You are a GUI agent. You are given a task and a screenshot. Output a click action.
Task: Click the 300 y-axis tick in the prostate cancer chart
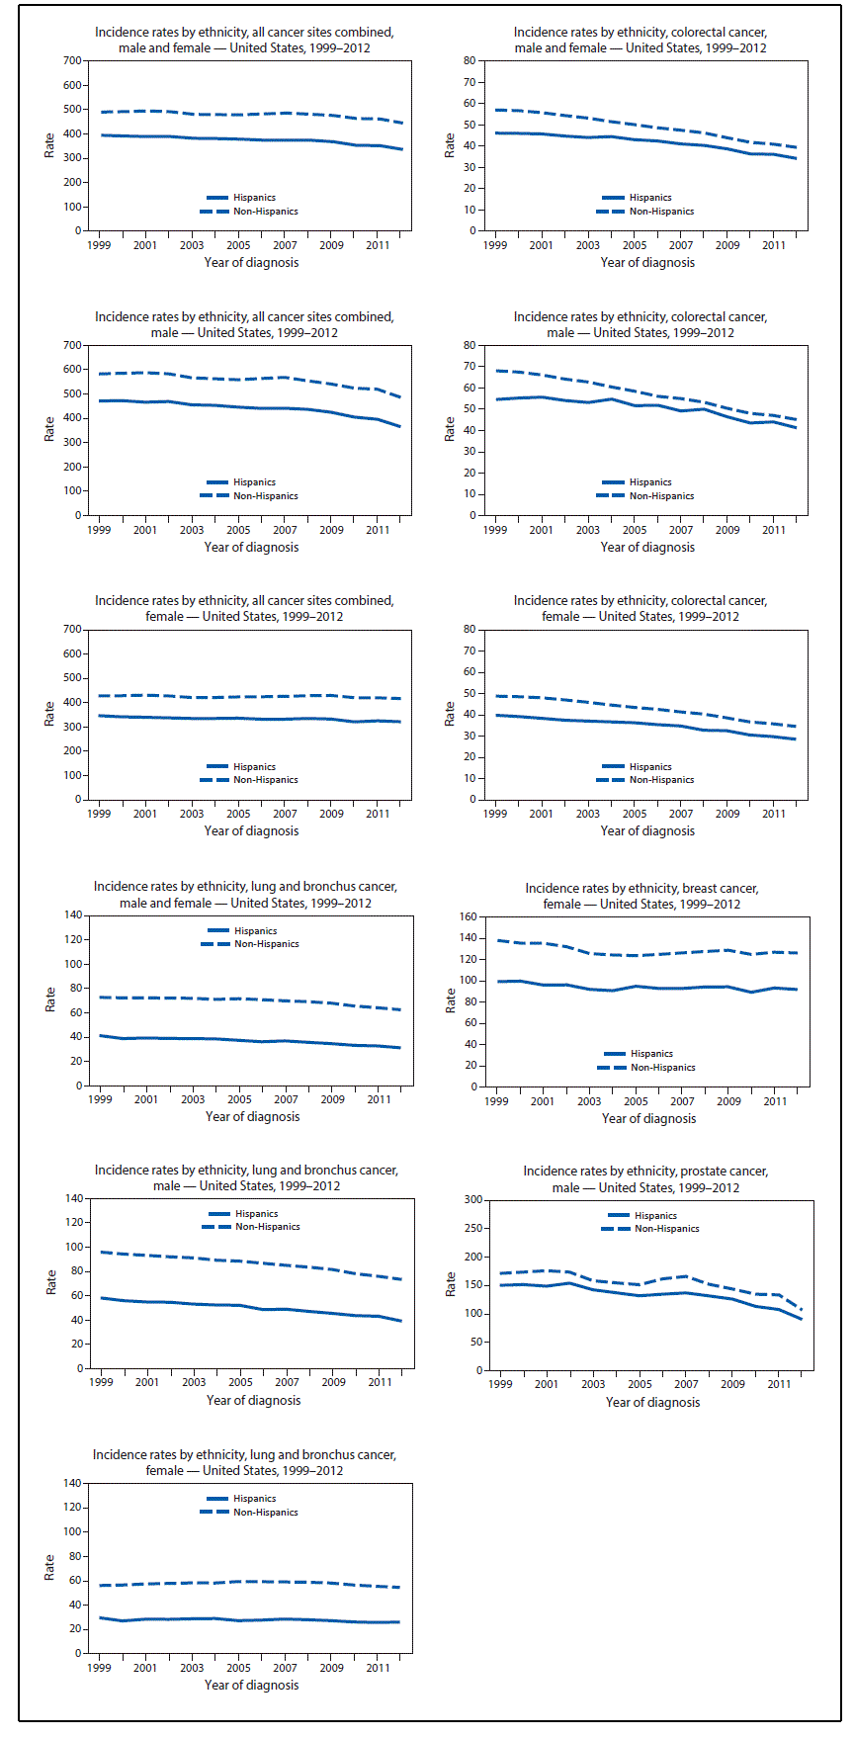(473, 1200)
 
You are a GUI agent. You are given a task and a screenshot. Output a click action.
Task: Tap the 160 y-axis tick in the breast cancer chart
(470, 916)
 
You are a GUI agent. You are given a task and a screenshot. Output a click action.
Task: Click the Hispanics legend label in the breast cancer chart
(651, 1054)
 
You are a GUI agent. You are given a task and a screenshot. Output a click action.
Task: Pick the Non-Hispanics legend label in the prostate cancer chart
(666, 1229)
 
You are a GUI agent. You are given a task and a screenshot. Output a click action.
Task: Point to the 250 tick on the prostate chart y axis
(473, 1229)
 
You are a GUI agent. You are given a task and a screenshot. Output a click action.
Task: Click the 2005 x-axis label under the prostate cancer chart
(640, 1384)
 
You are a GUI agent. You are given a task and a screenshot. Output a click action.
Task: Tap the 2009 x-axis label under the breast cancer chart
(728, 1101)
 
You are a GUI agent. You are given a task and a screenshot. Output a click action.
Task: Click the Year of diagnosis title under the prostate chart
(652, 1403)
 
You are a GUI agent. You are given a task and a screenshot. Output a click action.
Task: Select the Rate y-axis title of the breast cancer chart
(451, 1000)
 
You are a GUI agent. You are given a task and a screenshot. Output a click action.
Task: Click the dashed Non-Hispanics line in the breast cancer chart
(613, 955)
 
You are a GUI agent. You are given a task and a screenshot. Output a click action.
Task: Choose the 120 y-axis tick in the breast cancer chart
(470, 959)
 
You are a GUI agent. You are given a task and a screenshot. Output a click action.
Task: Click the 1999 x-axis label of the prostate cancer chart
(500, 1384)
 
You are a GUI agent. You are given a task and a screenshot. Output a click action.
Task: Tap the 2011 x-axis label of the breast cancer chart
(775, 1101)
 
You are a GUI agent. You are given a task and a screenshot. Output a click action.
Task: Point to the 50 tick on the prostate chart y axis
(476, 1343)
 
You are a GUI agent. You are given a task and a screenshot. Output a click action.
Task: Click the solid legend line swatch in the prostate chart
(618, 1215)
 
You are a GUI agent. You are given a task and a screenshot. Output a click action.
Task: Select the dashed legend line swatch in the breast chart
(613, 1068)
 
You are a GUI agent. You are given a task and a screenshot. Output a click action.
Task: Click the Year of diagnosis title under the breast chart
(648, 1119)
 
